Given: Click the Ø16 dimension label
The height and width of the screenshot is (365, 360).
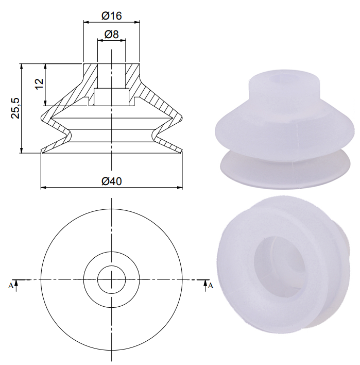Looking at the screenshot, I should [111, 15].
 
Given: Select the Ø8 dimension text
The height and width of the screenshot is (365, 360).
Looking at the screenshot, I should [111, 34].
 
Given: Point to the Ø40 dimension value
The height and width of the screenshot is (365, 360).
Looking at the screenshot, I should [111, 181].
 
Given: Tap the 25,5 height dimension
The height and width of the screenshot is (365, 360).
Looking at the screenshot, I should [16, 108].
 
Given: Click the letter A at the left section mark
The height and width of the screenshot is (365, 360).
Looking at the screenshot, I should [11, 285].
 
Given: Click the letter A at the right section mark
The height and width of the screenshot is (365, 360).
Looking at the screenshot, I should [210, 285].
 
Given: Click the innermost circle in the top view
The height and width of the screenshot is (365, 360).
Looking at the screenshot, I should [111, 279].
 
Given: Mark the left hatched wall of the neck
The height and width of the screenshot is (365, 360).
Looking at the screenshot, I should [90, 75].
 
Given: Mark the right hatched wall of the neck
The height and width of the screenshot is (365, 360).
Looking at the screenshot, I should [132, 75].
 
